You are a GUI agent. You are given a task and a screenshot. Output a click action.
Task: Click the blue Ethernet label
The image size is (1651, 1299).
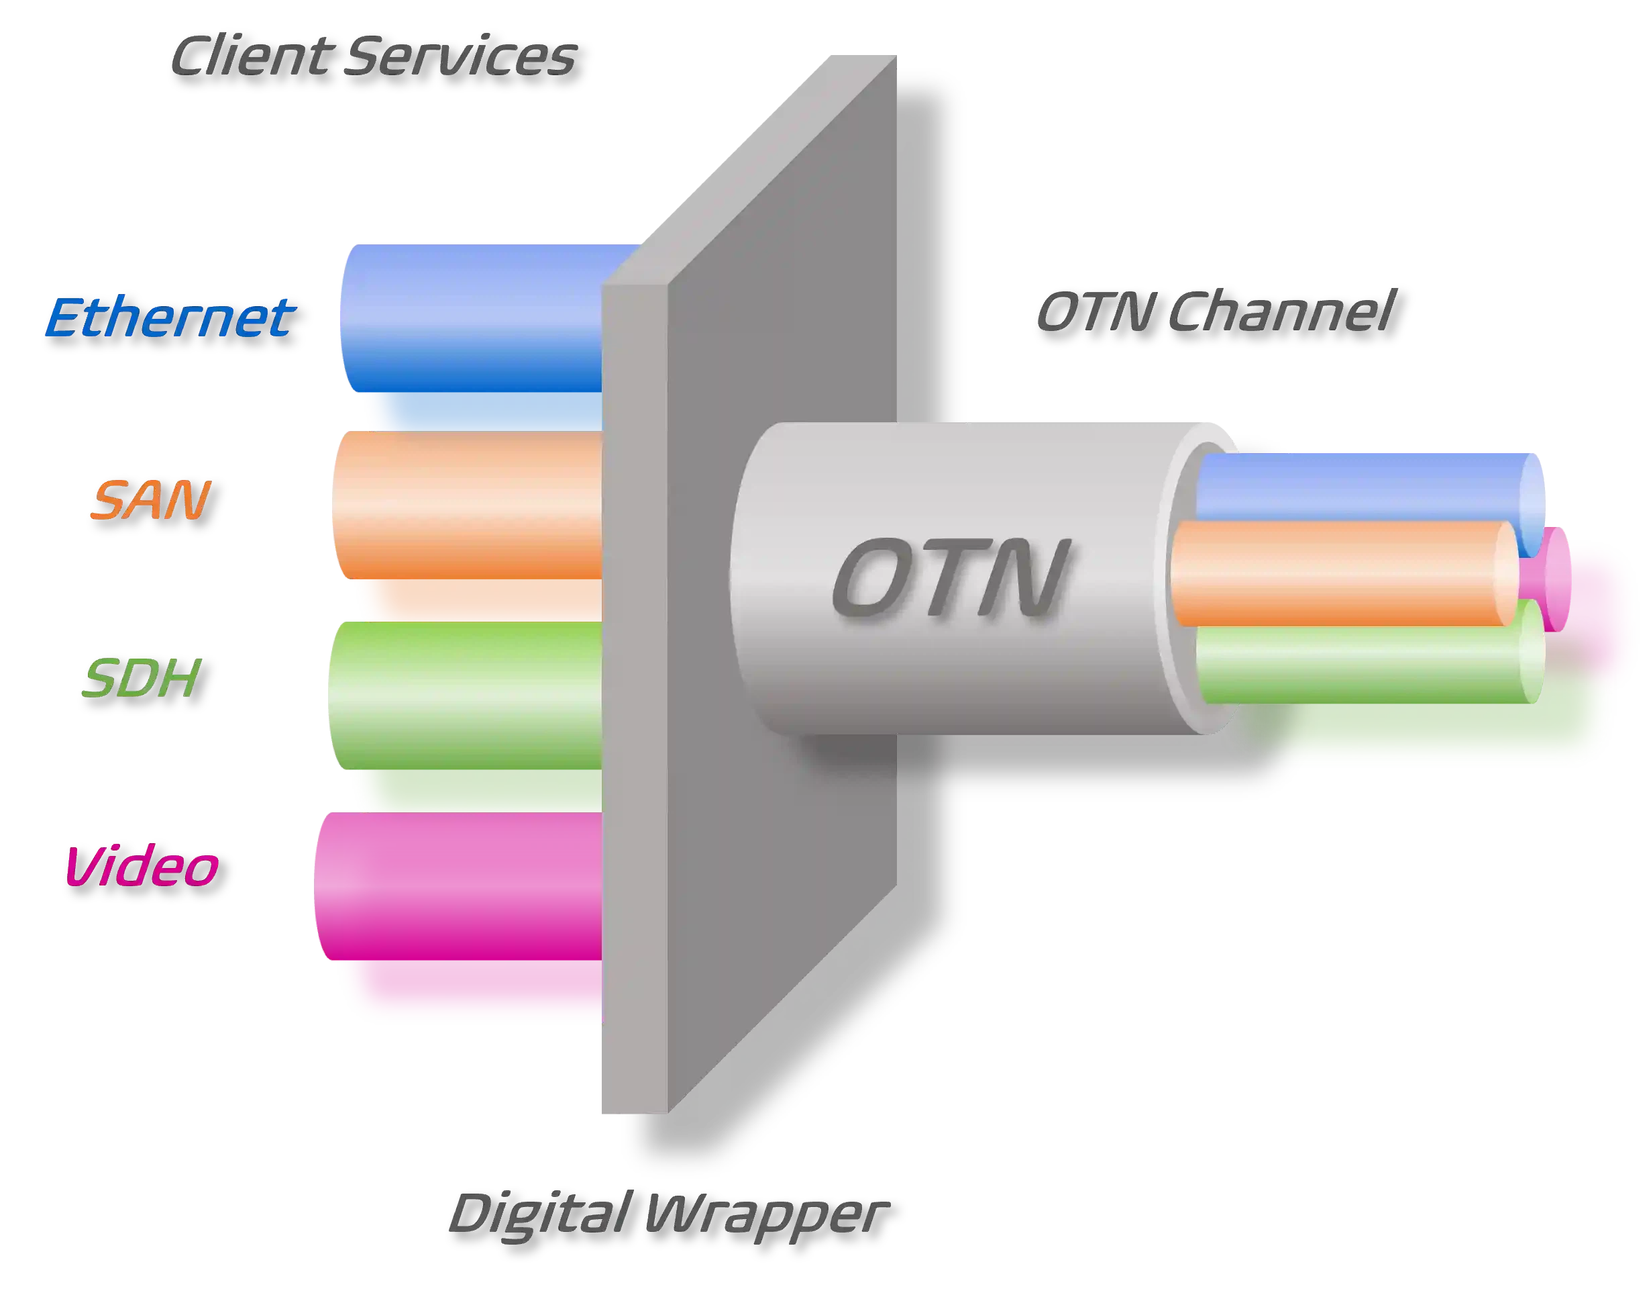[x=169, y=318]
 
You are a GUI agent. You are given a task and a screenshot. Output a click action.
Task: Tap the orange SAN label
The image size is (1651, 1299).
[x=150, y=499]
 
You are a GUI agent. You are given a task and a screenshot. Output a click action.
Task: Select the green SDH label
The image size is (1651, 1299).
[x=142, y=679]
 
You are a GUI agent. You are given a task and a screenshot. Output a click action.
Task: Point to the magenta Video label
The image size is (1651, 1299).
[x=142, y=866]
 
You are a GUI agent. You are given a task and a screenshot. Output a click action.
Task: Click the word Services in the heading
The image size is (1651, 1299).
[x=460, y=56]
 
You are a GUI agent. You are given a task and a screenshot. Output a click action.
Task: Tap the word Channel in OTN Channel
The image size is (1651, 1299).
[x=1280, y=311]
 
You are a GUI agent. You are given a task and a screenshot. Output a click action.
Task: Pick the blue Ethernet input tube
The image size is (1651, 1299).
[x=471, y=334]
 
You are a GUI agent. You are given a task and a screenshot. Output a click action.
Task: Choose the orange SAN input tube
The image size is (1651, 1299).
[x=468, y=525]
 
